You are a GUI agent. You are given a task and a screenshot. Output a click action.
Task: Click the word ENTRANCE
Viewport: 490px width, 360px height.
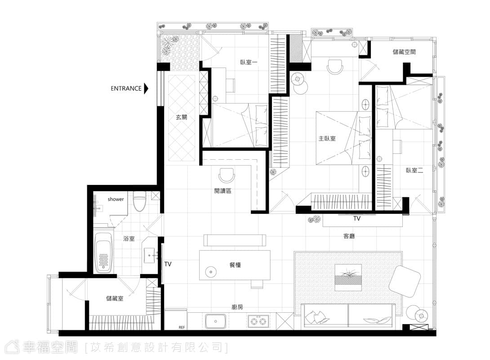[x=126, y=88]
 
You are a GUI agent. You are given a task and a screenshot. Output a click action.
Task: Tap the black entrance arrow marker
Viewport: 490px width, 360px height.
[x=146, y=88]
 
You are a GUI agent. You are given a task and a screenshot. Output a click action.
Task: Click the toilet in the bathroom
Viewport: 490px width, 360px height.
[x=139, y=202]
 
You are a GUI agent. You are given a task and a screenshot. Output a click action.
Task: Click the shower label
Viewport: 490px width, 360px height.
[x=116, y=199]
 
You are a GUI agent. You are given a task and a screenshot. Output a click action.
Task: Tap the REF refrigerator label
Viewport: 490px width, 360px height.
[x=182, y=327]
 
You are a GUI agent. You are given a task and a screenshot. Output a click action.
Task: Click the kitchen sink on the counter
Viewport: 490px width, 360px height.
[x=216, y=321]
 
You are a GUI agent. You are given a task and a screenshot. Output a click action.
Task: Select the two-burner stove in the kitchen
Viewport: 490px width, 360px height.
[x=258, y=321]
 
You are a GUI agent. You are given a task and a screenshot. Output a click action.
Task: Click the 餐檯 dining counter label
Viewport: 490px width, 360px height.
[x=235, y=265]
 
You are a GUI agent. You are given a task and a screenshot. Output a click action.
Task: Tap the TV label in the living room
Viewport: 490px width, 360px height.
[x=357, y=218]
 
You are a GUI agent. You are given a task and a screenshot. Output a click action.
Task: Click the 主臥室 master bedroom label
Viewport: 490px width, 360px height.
[x=327, y=138]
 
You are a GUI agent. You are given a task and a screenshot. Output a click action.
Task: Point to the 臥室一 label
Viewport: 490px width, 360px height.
[x=249, y=62]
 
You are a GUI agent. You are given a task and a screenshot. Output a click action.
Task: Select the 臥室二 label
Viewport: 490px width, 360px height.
[x=414, y=171]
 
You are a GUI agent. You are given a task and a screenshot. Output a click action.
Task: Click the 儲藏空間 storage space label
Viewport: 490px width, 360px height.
[x=404, y=52]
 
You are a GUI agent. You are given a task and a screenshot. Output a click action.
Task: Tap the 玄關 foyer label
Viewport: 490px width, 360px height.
[x=182, y=117]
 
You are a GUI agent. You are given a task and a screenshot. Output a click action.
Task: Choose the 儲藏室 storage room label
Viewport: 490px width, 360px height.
[x=115, y=298]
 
